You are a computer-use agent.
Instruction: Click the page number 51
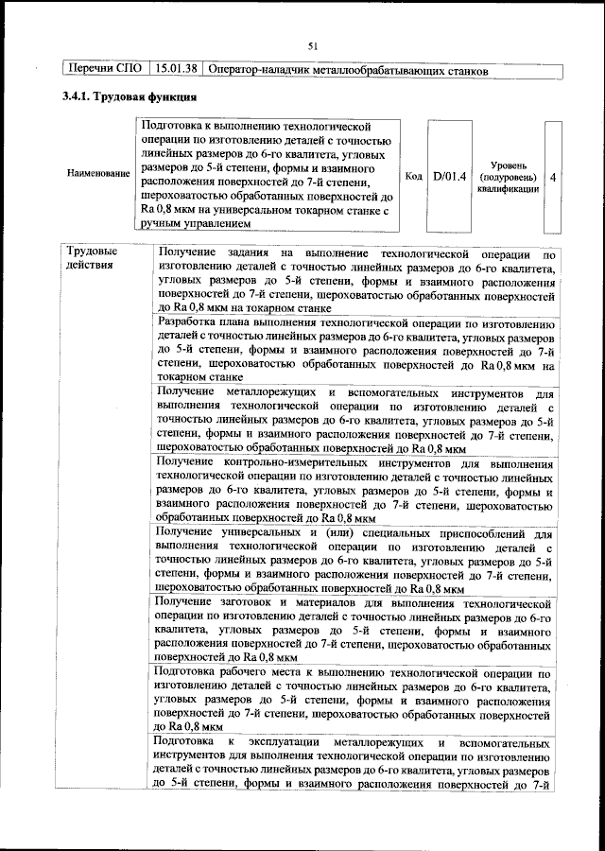[x=312, y=44]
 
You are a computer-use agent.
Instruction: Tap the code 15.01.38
[x=176, y=71]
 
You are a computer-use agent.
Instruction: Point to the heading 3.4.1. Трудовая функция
[x=129, y=96]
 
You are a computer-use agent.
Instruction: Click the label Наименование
[x=98, y=176]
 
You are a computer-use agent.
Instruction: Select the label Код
[x=413, y=176]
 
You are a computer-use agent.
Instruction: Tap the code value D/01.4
[x=449, y=176]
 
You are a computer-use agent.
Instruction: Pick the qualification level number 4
[x=553, y=176]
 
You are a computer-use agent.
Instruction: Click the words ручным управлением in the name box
[x=197, y=224]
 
